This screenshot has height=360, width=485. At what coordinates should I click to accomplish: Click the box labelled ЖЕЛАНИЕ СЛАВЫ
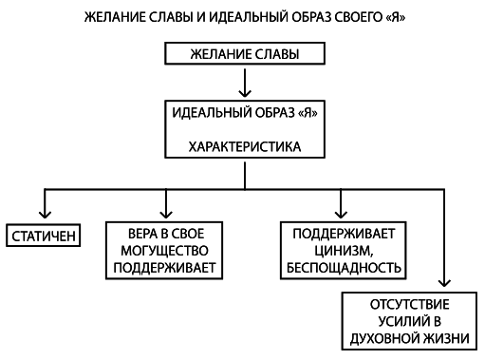(244, 54)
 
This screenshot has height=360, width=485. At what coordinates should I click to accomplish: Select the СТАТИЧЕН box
(44, 234)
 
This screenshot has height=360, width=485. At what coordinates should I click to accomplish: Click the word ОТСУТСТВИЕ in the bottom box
(410, 304)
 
